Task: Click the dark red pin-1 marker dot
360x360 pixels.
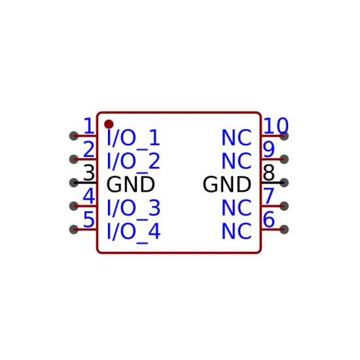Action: [x=109, y=124]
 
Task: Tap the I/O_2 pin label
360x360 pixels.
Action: [x=134, y=162]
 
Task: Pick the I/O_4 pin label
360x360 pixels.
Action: [x=134, y=232]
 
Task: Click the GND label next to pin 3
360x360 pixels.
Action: [x=131, y=185]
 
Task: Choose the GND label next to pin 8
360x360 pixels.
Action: [x=227, y=185]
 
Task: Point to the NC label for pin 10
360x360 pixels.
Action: [x=236, y=137]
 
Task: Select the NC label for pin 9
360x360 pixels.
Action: [x=236, y=161]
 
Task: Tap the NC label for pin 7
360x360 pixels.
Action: [x=236, y=207]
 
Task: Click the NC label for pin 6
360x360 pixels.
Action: [x=236, y=231]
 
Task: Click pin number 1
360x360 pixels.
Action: [x=89, y=126]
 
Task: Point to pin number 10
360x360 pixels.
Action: [x=276, y=126]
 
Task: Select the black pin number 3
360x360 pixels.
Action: [x=89, y=172]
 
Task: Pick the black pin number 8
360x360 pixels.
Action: [x=269, y=172]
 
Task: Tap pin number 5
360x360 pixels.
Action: [x=89, y=219]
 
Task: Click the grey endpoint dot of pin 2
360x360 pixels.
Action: [x=74, y=159]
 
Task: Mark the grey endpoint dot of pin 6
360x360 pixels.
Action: [x=284, y=229]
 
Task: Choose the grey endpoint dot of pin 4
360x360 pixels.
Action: [x=74, y=206]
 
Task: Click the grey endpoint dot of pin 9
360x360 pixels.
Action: [x=284, y=159]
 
